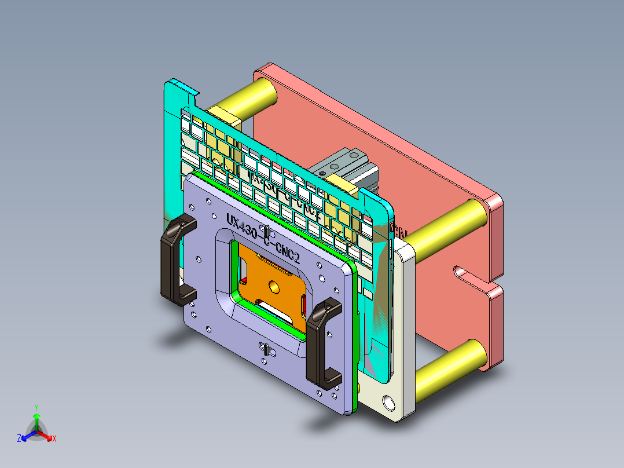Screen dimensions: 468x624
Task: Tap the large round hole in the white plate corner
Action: (x=387, y=400)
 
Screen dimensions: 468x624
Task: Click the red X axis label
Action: (x=54, y=438)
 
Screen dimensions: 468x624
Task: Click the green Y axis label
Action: (x=36, y=407)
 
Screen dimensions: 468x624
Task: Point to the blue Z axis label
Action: (x=19, y=438)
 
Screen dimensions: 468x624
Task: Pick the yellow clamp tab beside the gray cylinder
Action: (x=347, y=186)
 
